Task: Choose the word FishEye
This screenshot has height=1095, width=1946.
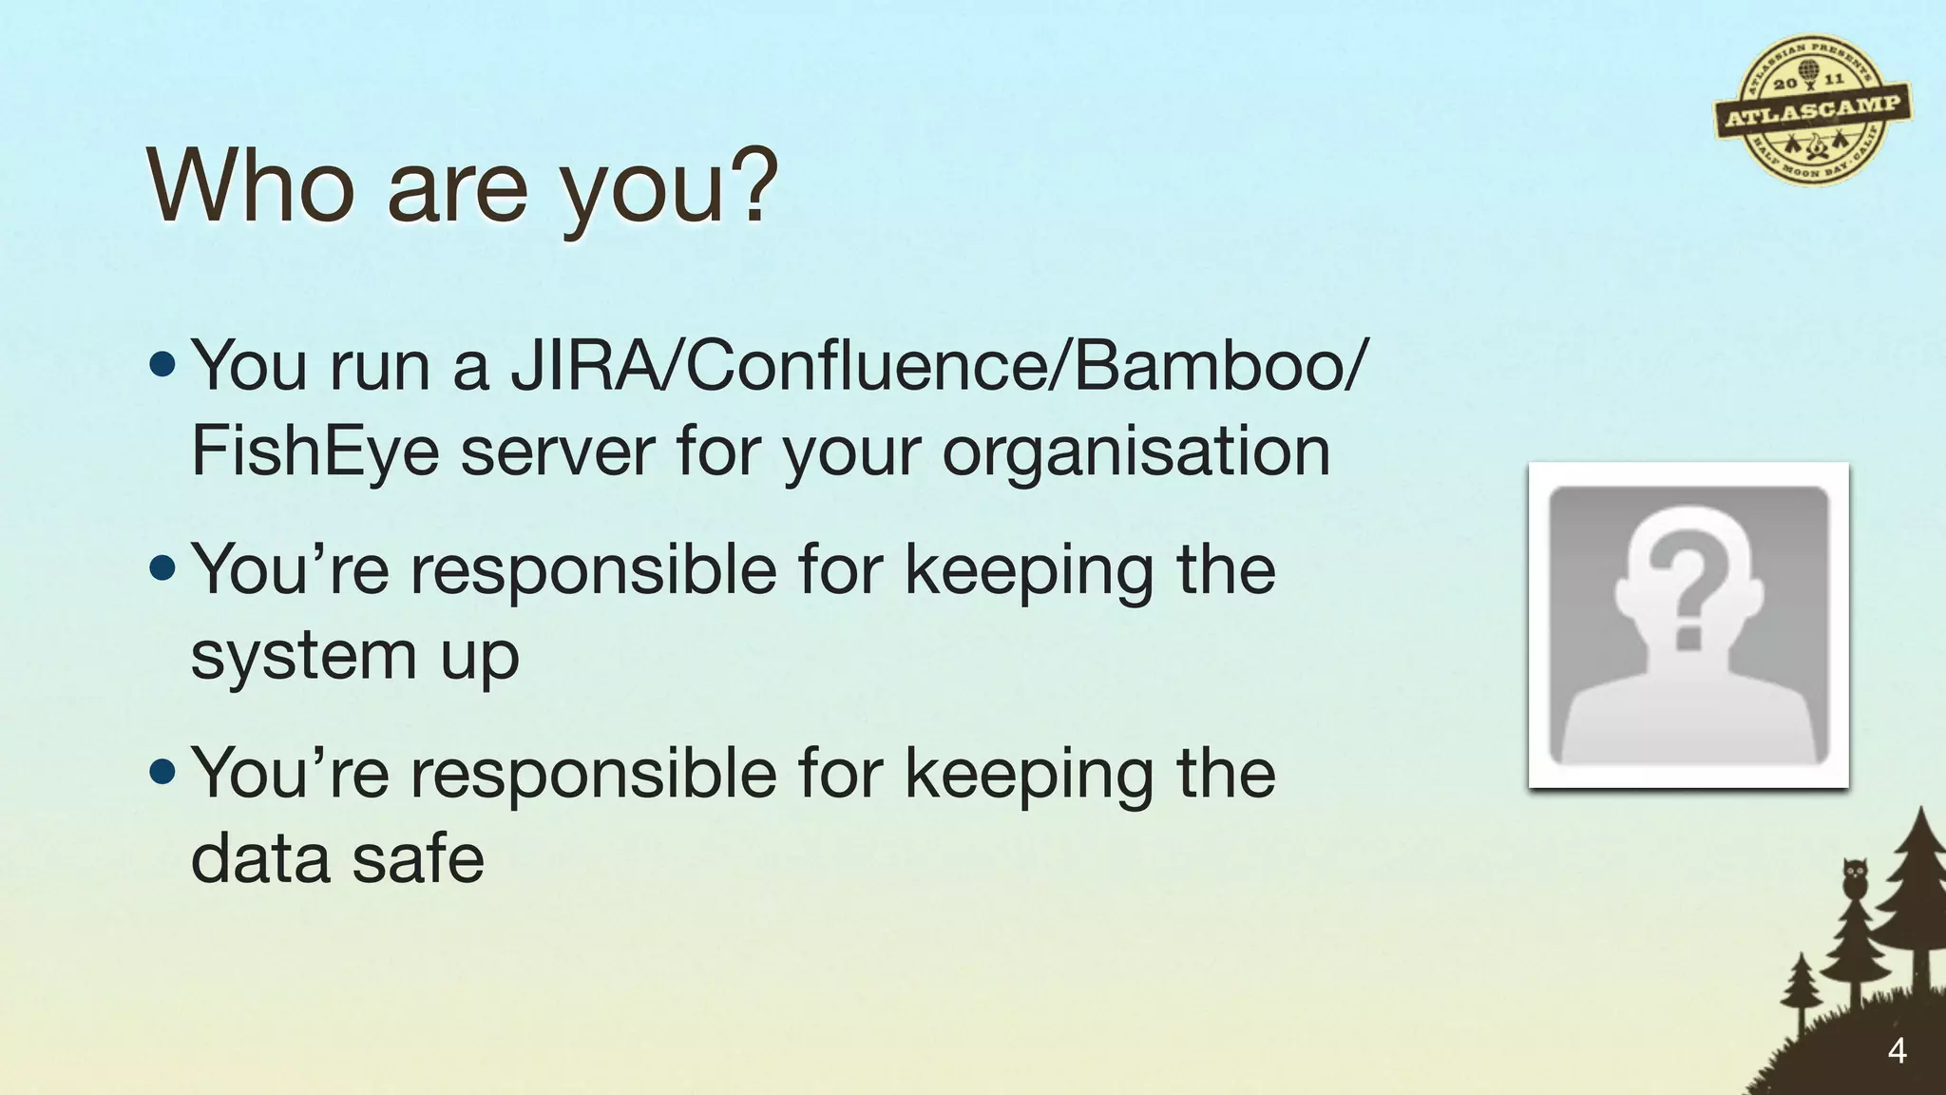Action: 315,452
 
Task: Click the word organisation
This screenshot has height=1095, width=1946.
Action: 1135,452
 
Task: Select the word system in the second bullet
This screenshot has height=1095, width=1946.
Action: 303,656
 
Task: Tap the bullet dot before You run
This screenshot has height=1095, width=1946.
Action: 162,364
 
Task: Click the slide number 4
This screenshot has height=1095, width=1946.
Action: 1897,1051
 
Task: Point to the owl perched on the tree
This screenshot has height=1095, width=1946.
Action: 1855,878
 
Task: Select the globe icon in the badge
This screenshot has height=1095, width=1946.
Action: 1806,72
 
